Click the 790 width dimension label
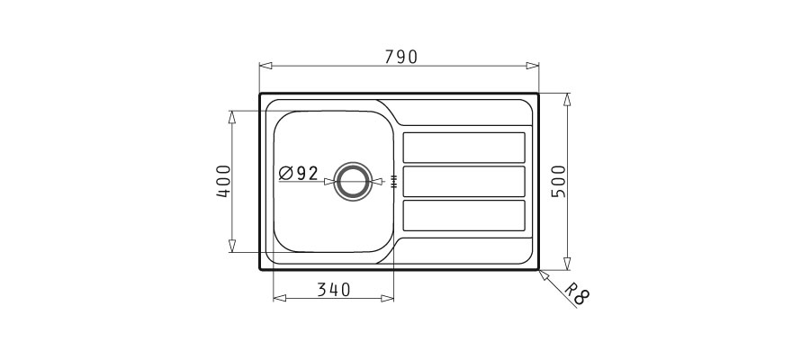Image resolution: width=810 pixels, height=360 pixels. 400,57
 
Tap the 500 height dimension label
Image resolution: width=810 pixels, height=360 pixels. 559,181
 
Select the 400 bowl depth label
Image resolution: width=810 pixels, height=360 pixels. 224,181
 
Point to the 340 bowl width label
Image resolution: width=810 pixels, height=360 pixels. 333,290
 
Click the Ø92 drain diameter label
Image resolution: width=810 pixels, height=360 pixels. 298,173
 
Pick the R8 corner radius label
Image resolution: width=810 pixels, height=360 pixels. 576,294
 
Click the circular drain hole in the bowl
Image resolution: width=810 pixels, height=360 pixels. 353,181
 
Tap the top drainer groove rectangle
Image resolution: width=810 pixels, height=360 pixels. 463,148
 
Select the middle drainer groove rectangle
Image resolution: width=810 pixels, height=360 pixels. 463,181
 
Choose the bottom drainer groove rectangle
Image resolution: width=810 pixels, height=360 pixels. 463,215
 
